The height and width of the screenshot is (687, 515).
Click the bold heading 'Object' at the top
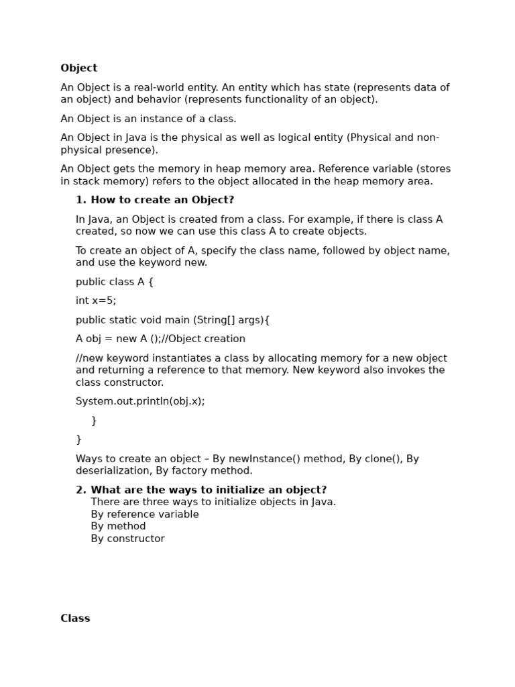(x=78, y=68)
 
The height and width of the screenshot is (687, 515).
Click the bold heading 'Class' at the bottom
(x=75, y=619)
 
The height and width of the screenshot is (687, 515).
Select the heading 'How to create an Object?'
(x=162, y=200)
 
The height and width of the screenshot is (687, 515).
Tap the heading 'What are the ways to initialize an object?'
(x=209, y=490)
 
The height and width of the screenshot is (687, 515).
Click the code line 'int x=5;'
(x=96, y=301)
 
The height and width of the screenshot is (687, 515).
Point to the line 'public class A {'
(x=115, y=282)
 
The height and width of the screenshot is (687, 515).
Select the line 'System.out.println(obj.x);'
(x=140, y=401)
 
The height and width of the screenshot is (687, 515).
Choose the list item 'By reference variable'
(x=145, y=515)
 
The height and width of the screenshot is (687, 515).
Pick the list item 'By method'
(x=118, y=527)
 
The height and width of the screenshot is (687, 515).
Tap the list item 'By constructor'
(x=127, y=539)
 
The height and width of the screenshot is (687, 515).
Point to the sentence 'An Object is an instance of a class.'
(x=148, y=119)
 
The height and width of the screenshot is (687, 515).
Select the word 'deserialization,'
(x=114, y=471)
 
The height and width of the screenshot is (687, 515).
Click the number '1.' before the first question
(x=81, y=200)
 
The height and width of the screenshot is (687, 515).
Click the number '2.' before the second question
(x=81, y=490)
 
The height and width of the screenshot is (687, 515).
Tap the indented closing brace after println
(x=94, y=421)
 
